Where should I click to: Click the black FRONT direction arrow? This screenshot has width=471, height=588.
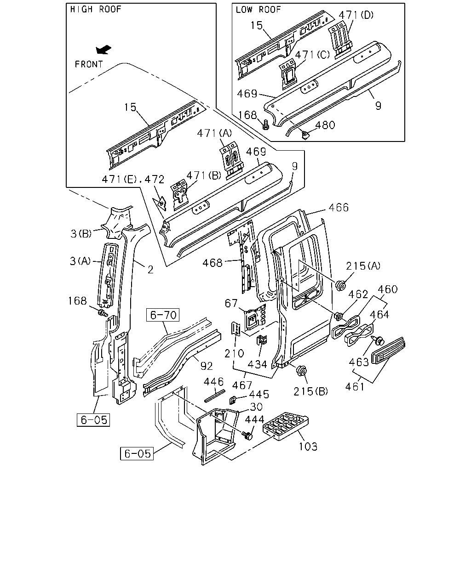103,50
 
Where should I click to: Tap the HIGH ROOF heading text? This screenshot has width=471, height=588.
96,9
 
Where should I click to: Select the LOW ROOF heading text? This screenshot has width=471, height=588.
258,10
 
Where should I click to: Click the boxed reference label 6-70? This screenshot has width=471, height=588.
163,315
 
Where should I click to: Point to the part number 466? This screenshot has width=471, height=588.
339,208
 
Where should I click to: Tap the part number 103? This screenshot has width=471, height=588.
308,447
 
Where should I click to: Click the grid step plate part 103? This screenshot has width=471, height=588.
286,426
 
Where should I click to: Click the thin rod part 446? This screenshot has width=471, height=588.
214,396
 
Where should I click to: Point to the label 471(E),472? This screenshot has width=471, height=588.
133,180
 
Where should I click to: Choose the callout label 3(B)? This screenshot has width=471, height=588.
81,234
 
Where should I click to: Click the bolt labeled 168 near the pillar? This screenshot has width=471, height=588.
103,313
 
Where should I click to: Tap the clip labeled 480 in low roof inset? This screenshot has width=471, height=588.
304,135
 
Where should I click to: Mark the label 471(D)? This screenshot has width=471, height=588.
356,15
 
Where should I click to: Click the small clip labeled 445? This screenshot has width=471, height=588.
232,400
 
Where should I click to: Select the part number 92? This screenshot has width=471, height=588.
207,366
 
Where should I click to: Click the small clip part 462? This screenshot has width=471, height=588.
339,316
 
